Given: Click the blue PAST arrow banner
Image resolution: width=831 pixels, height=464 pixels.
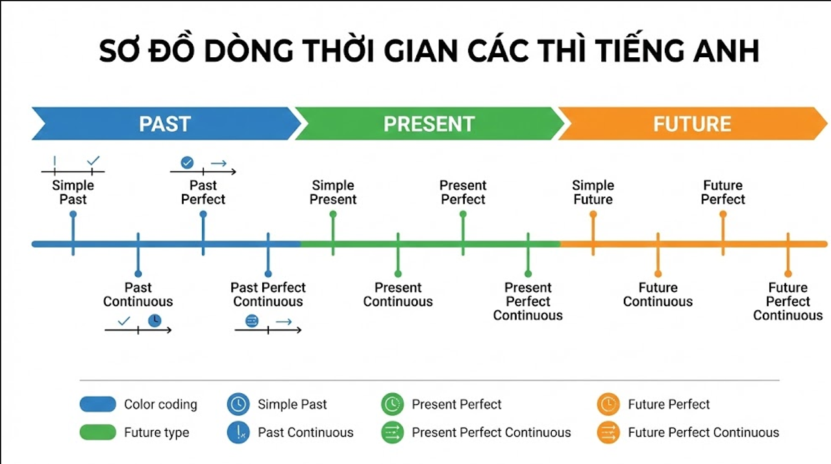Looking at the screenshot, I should tap(165, 123).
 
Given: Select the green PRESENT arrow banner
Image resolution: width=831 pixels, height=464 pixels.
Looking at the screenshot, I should tap(428, 123).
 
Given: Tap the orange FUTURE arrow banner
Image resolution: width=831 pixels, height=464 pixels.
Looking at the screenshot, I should tap(692, 123).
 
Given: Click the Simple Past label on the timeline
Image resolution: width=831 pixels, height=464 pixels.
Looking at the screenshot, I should tap(73, 192).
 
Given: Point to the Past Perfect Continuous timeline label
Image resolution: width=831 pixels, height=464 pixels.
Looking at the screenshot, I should tap(268, 294).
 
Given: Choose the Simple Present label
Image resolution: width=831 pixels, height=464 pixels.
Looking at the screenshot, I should tap(333, 192).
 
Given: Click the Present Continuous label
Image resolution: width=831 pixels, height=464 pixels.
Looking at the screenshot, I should tap(398, 294).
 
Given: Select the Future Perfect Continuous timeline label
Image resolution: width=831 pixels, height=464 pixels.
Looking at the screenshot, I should tap(788, 302).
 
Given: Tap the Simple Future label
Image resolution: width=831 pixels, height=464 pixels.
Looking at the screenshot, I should tap(593, 192).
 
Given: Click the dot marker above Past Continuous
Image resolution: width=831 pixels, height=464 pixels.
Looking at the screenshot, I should tap(138, 274).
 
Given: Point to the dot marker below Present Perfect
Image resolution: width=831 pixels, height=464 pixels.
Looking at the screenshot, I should tap(463, 214).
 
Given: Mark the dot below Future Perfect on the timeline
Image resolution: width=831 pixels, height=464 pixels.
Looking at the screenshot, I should tap(723, 214).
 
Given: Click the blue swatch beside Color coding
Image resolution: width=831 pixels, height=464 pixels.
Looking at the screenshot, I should tap(98, 404).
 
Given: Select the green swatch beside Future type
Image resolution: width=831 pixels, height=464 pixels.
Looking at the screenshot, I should tap(98, 432).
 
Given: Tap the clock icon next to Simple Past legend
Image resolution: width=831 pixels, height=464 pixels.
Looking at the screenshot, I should tap(238, 404).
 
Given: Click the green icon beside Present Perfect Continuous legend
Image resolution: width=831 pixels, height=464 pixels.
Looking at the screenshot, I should tap(392, 432).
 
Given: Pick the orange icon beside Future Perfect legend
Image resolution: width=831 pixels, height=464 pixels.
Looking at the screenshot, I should tap(608, 404).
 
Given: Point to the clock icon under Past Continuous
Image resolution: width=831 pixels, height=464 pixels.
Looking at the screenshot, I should tap(155, 320).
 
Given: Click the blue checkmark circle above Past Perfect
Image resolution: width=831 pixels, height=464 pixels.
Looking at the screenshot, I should tap(187, 162).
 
